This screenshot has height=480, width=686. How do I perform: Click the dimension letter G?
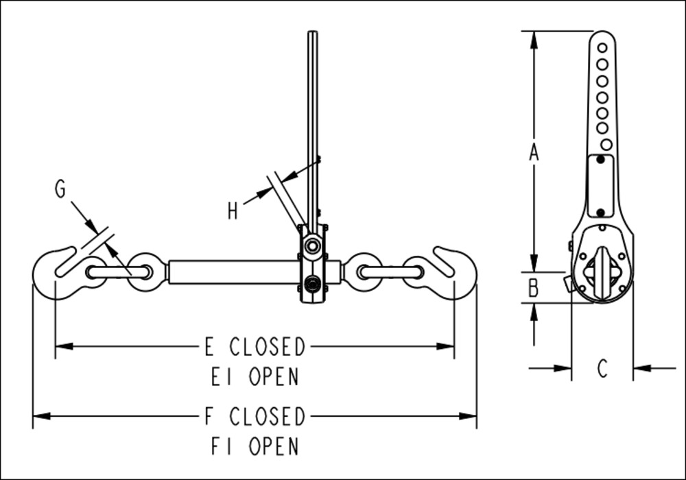tap(60, 189)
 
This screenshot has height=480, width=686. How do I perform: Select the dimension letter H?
tap(233, 212)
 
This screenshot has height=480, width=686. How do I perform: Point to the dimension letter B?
tap(534, 288)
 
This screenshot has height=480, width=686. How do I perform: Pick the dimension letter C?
tap(602, 369)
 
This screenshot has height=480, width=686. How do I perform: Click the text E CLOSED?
tap(255, 347)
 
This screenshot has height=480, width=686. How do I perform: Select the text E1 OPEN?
tap(255, 376)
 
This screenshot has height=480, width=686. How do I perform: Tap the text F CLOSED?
tap(255, 416)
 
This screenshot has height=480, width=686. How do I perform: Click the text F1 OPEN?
tap(255, 446)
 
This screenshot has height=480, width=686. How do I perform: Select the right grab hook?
tap(453, 272)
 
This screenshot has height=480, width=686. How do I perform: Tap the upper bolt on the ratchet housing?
tap(313, 245)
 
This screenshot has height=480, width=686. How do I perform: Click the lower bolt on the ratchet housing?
tap(313, 284)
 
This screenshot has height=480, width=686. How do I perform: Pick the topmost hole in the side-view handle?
tap(602, 47)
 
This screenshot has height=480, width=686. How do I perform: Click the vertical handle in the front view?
tap(313, 123)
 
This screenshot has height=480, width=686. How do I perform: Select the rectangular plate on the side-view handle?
tap(600, 185)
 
